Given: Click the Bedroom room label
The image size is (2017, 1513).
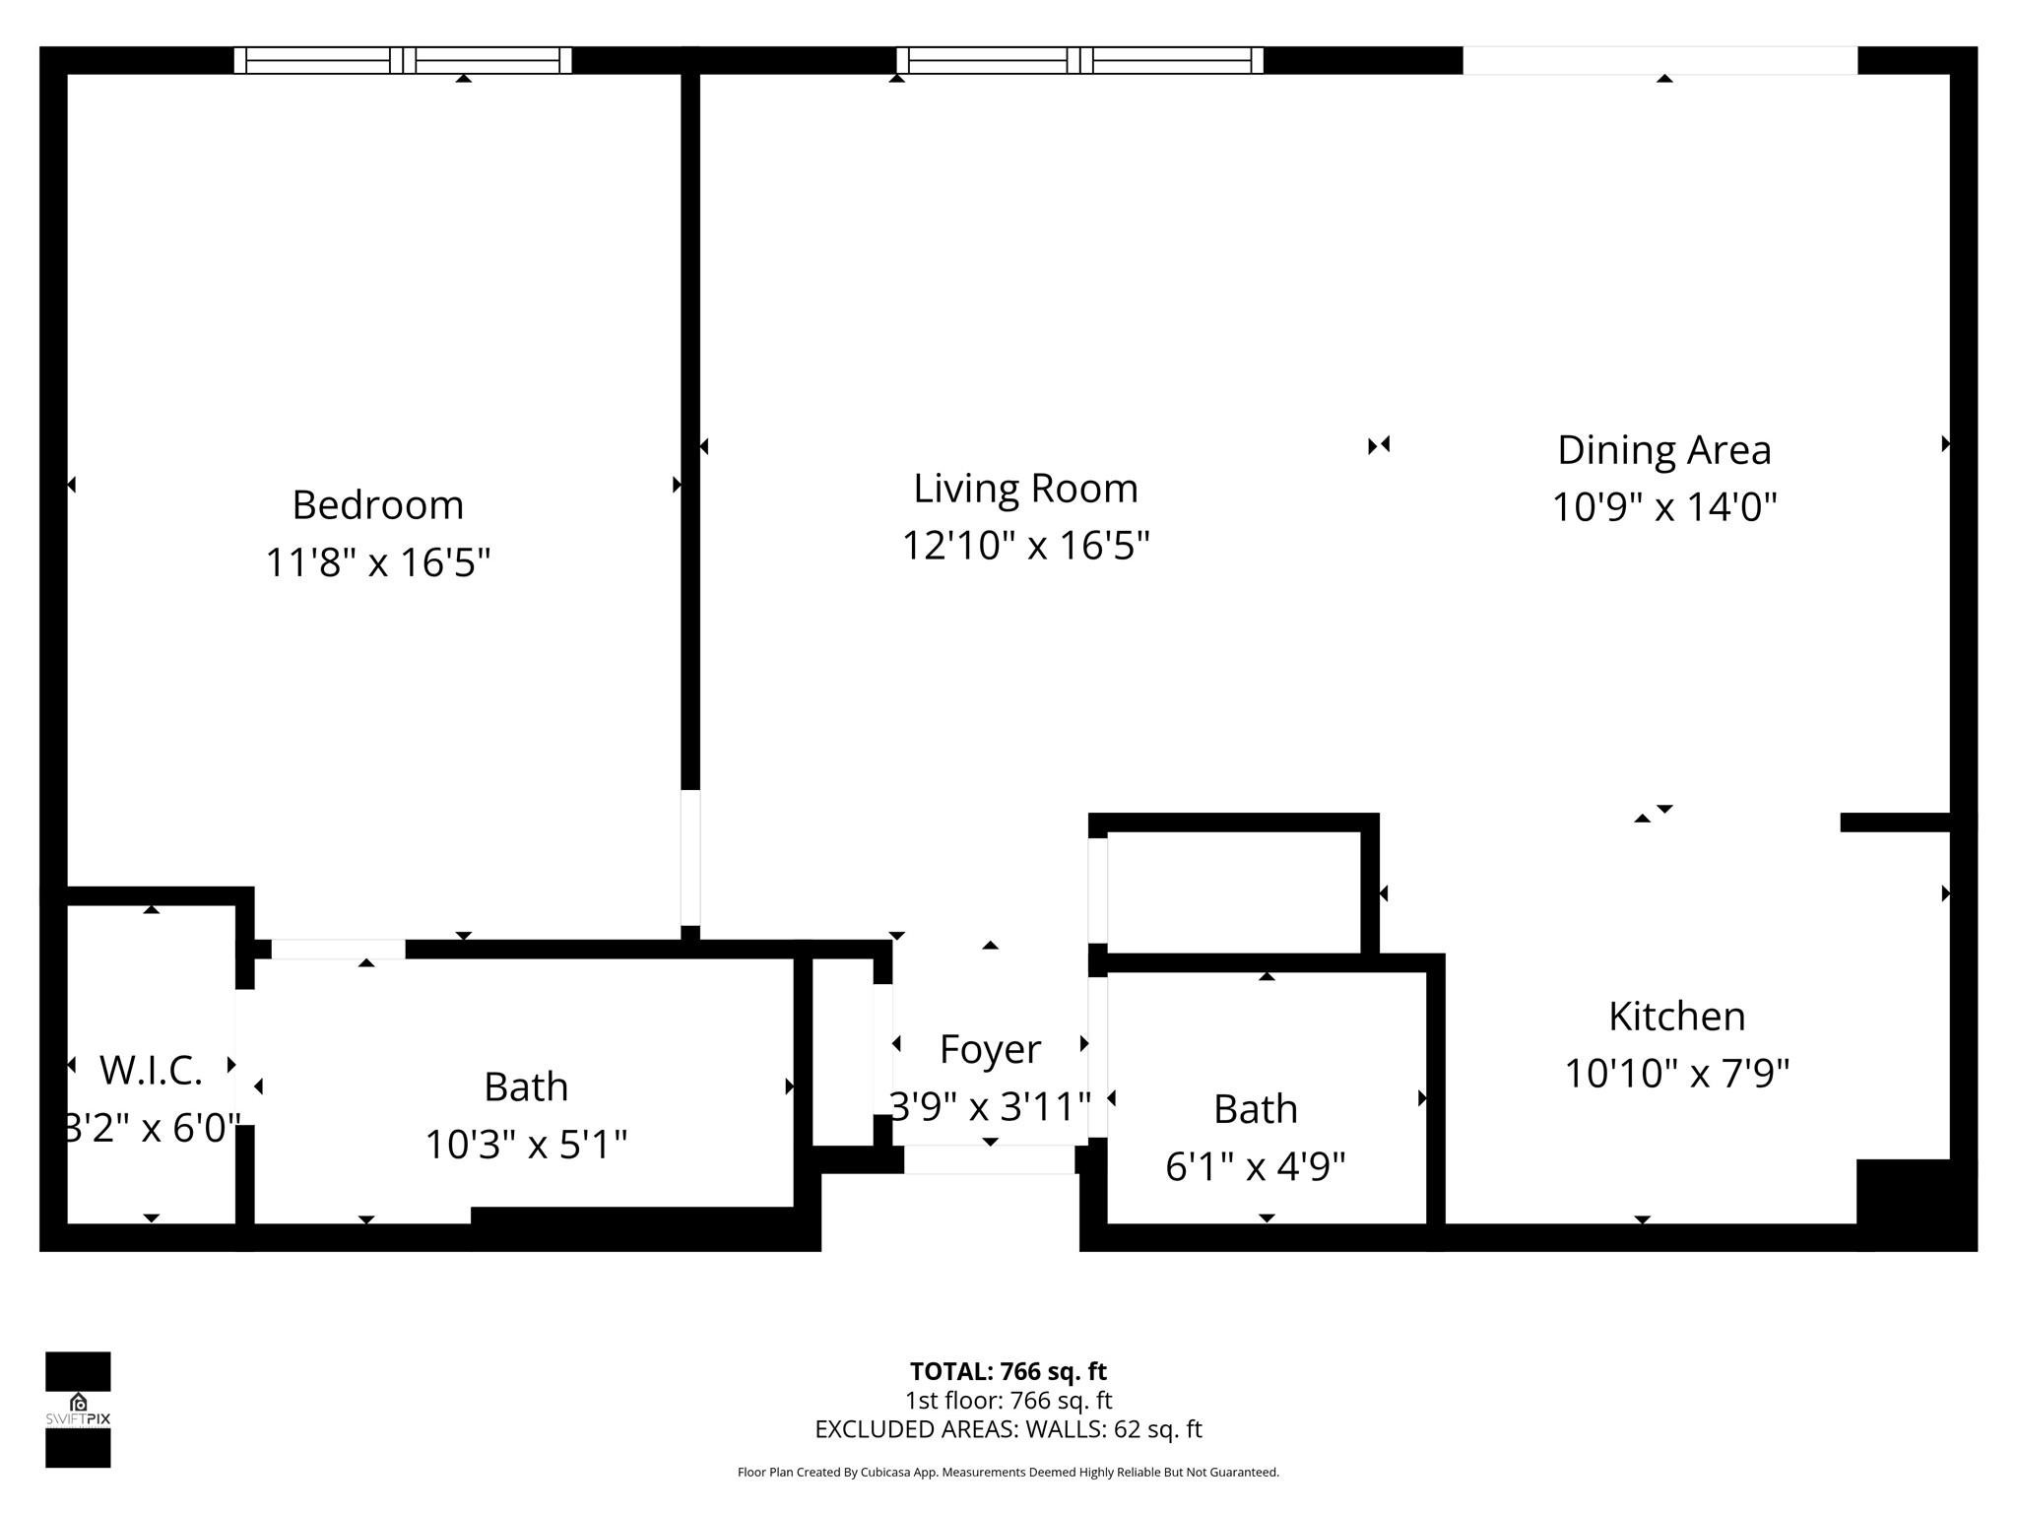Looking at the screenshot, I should tap(377, 505).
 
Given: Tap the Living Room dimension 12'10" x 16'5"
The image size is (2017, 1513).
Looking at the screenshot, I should tap(1025, 545).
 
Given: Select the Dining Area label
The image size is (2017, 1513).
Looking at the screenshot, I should tap(1663, 450).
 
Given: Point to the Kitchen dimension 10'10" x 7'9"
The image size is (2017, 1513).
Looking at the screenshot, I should tap(1676, 1073).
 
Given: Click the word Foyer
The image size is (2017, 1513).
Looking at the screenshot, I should tap(990, 1049).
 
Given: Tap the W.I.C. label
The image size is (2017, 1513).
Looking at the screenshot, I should tap(151, 1071).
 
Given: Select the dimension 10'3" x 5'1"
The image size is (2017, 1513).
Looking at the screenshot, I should tap(526, 1145).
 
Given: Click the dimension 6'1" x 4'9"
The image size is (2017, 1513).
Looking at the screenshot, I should tap(1255, 1167).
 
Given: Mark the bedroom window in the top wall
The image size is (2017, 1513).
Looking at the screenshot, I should tap(402, 60).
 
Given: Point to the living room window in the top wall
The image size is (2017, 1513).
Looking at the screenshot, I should tap(1079, 60).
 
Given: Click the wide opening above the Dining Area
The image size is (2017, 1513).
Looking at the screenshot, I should tap(1659, 60).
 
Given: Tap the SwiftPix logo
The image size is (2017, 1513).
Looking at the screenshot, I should tap(78, 1409).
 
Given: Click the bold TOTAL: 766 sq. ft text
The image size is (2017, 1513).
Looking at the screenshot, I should tap(1008, 1371).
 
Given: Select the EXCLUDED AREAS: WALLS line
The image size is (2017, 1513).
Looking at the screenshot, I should tap(1008, 1429).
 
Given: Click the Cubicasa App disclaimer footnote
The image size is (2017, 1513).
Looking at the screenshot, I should tap(1008, 1473).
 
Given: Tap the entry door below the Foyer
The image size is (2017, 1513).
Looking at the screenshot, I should tap(989, 1159).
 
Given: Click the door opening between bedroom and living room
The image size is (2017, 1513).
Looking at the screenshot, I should tap(690, 857).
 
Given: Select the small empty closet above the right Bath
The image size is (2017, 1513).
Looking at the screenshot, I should tap(1233, 891).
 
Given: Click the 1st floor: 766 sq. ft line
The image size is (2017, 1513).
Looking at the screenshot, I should tap(1008, 1400).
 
